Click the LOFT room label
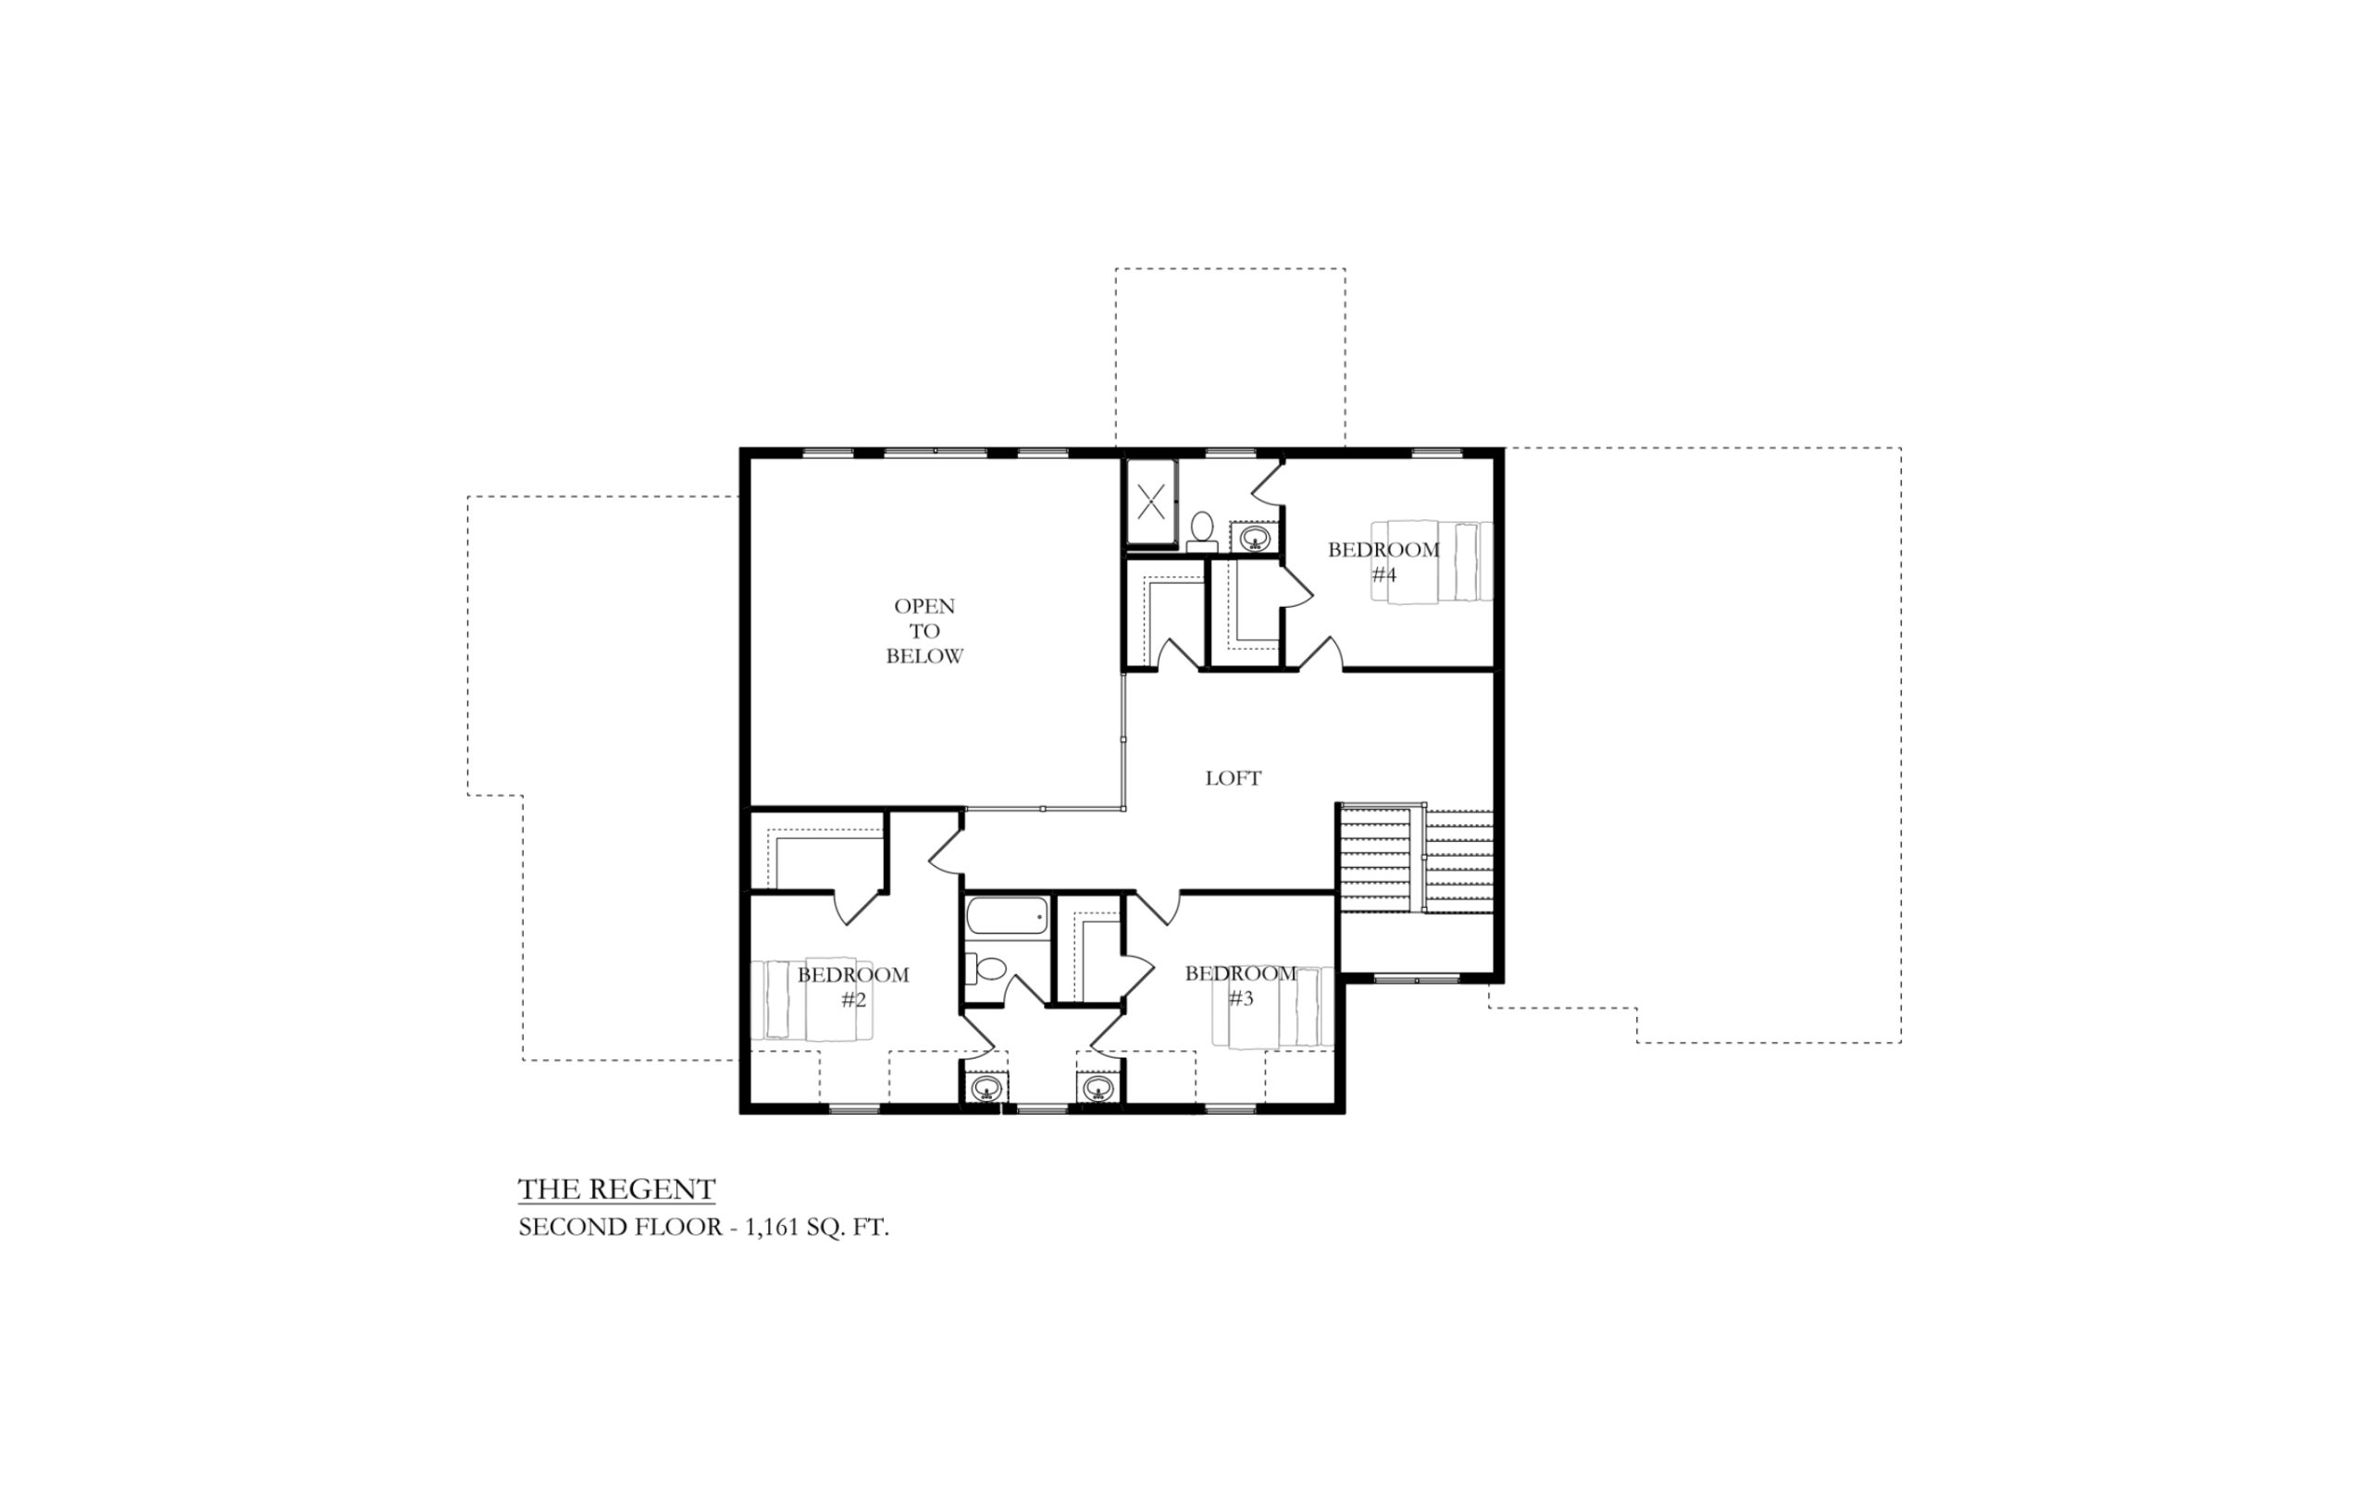point(1233,778)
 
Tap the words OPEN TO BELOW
point(924,630)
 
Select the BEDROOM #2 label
point(853,986)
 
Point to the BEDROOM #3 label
point(1241,985)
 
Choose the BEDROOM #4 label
point(1383,562)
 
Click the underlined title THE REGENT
point(617,1189)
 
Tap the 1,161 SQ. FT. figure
point(816,1228)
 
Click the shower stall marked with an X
point(1151,503)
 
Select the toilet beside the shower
point(1201,531)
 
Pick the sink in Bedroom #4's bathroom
point(1254,537)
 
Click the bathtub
point(1007,916)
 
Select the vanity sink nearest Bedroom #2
point(986,1088)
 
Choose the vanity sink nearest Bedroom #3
point(1098,1088)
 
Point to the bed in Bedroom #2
point(812,999)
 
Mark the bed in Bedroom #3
point(1274,1008)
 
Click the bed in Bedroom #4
point(1433,561)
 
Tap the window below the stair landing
point(1416,979)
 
